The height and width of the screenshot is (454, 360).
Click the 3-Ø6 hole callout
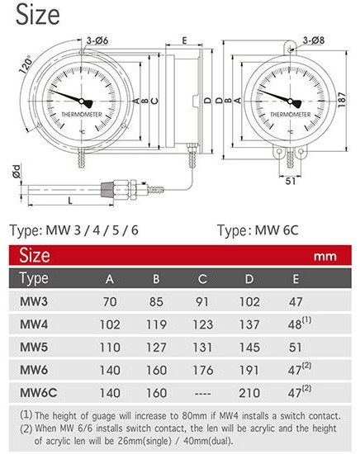tap(97, 40)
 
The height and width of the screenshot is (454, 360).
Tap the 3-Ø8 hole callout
tap(314, 40)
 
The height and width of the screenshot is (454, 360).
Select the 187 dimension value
tap(342, 100)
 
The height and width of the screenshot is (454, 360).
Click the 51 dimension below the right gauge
tap(290, 181)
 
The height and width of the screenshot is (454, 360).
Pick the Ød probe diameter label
tap(17, 171)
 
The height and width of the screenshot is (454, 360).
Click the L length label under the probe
tap(70, 201)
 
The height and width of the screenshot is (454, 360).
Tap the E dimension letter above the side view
tap(184, 40)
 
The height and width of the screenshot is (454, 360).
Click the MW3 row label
tap(34, 301)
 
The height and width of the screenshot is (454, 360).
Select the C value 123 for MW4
tap(203, 324)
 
